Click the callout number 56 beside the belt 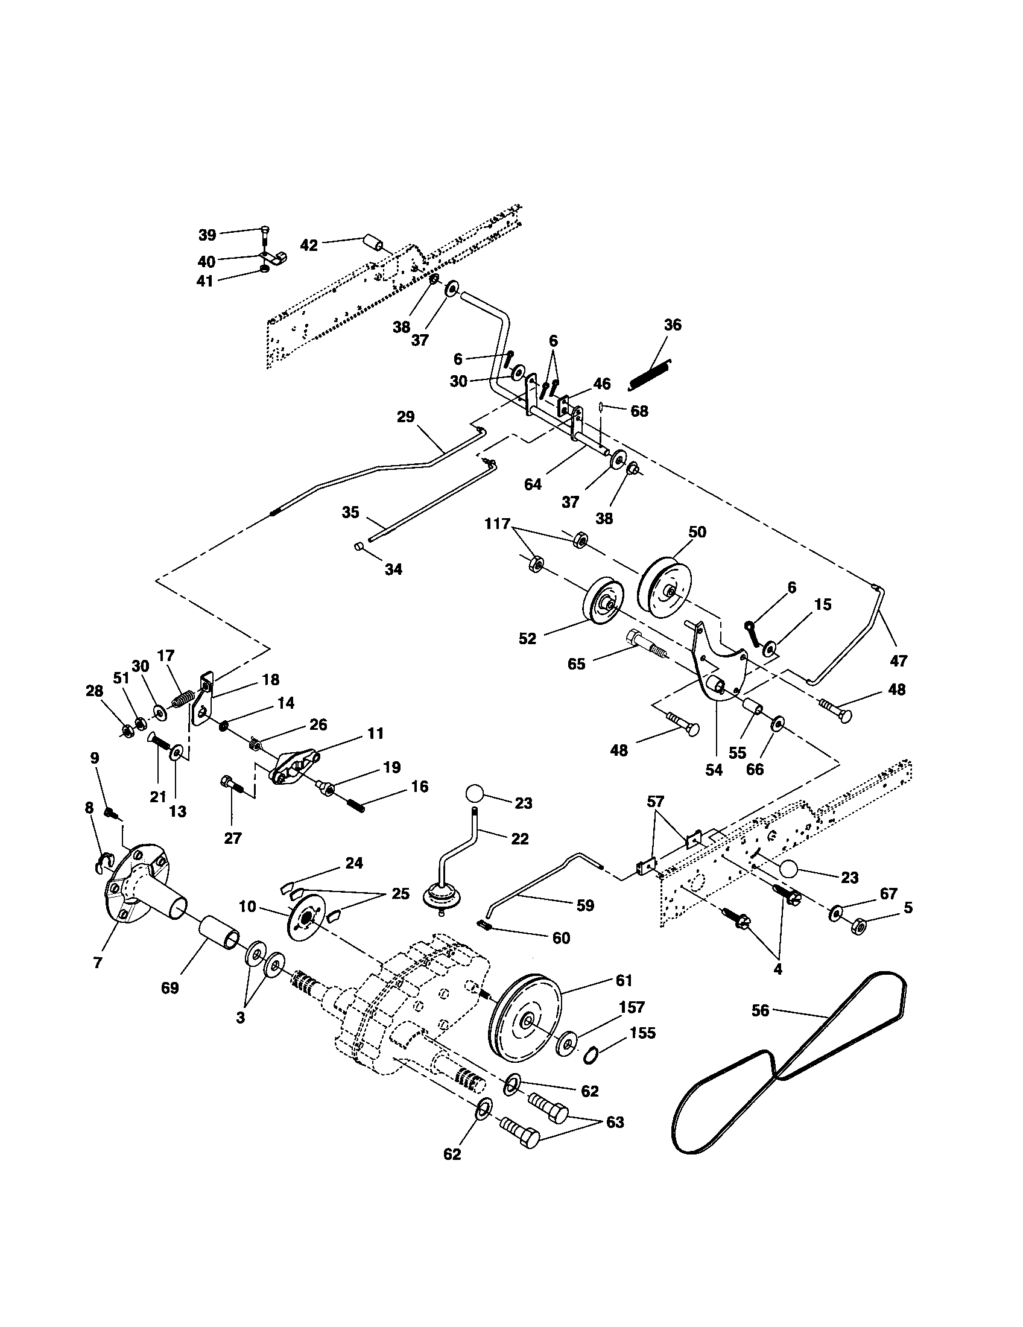click(760, 1010)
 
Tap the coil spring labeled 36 click(650, 374)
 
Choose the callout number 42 click(309, 245)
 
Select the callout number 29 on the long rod click(405, 417)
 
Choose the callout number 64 click(533, 485)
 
